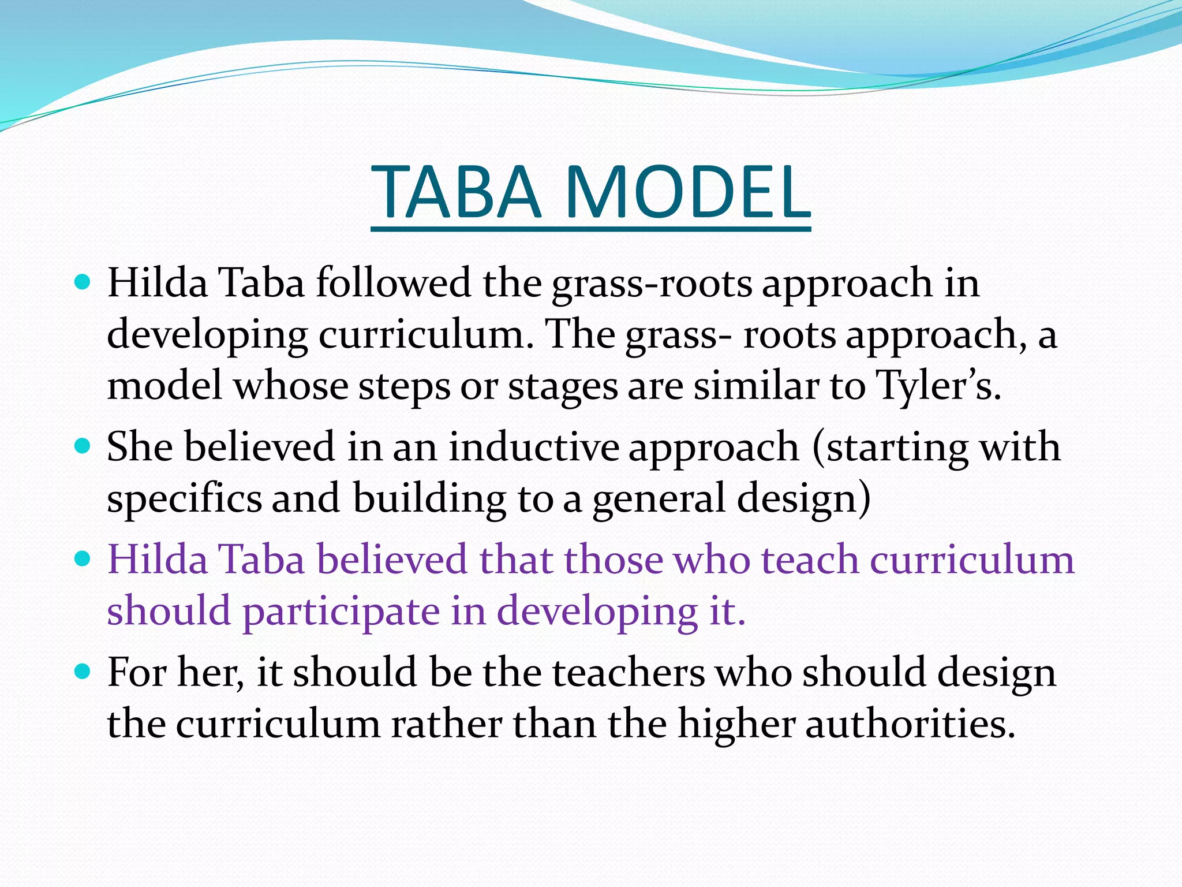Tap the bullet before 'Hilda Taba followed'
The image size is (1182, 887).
pos(83,282)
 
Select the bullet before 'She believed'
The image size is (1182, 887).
pos(83,446)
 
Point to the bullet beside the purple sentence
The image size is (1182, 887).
pos(83,558)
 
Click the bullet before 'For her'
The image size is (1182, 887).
pos(83,672)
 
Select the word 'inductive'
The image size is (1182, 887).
pos(534,446)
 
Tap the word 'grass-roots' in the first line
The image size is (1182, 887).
pos(652,285)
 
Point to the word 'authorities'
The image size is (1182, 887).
pos(910,724)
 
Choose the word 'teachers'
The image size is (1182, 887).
pos(629,673)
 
